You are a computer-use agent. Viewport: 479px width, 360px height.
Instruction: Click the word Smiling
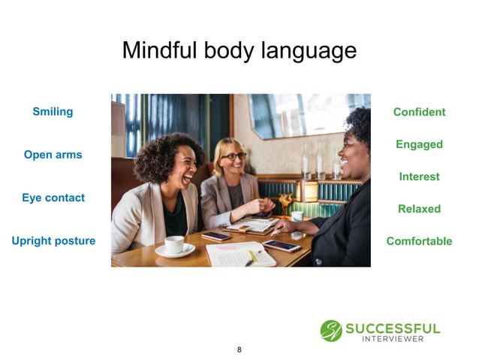coord(53,112)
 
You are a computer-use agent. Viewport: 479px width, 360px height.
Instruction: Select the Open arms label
coord(53,155)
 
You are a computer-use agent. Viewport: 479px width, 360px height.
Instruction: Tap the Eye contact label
coord(53,198)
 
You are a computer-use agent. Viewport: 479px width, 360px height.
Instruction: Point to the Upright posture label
coord(53,241)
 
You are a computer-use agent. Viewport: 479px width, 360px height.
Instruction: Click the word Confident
coord(419,112)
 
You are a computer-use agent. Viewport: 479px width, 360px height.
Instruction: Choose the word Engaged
coord(419,144)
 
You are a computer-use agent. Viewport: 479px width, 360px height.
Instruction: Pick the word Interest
coord(419,177)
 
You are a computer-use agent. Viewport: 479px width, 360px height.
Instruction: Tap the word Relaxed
coord(419,209)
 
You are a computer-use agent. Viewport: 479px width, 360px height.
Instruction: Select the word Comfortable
coord(419,241)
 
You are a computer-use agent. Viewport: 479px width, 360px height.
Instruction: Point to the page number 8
coord(239,349)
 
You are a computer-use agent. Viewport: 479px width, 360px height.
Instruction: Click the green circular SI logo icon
coord(330,331)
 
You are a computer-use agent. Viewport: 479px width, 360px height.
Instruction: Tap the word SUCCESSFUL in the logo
coord(392,328)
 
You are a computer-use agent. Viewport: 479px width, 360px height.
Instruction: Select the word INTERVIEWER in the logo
coord(392,339)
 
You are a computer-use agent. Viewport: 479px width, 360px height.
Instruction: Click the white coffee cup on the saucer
coord(173,245)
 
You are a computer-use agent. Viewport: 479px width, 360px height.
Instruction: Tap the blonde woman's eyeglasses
coord(234,156)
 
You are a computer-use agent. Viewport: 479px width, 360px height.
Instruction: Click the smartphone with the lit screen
coord(281,245)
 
